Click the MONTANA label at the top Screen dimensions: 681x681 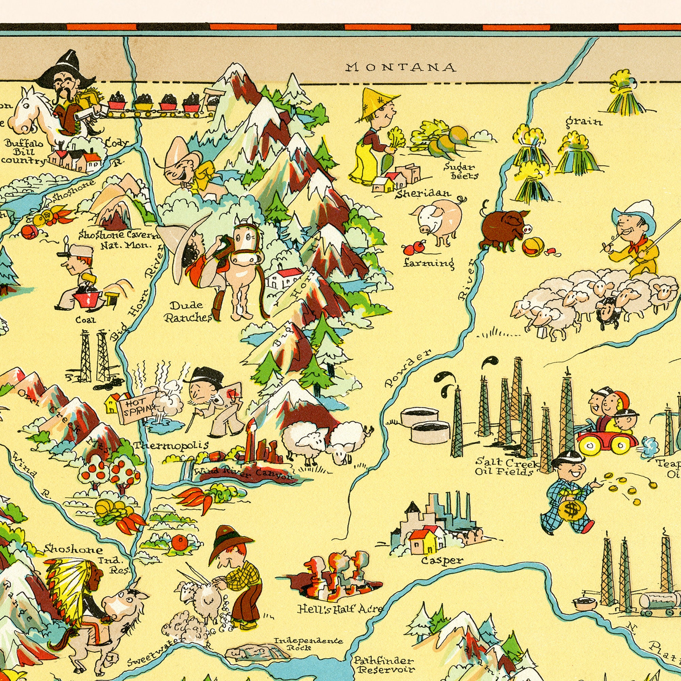(401, 67)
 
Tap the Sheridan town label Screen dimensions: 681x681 (422, 193)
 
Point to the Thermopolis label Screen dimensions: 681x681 (171, 445)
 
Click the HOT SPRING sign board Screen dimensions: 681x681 (137, 407)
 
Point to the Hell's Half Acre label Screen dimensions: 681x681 (340, 609)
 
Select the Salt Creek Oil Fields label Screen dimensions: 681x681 (506, 466)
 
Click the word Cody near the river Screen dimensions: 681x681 (116, 143)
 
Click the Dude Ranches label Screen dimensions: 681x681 (188, 311)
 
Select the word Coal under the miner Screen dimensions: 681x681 (85, 320)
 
